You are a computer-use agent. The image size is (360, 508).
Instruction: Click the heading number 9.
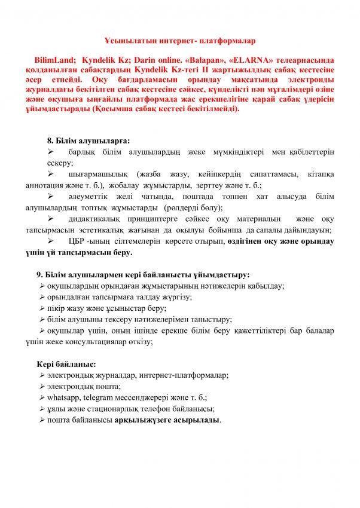pos(39,275)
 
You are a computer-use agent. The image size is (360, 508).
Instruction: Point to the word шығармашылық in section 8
pos(95,175)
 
